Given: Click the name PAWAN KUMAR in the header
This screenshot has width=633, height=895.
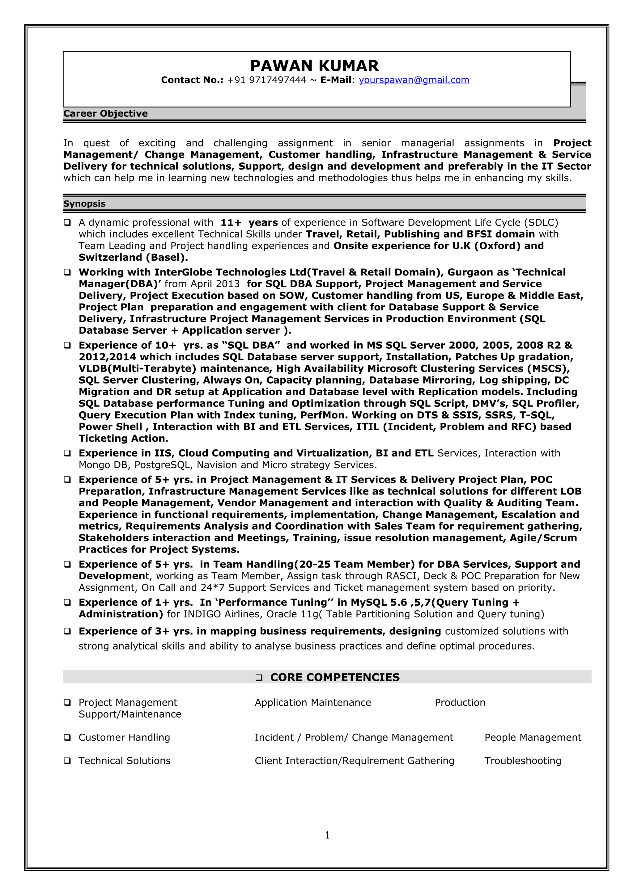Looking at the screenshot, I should click(314, 65).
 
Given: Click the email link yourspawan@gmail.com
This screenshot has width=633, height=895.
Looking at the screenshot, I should click(414, 80).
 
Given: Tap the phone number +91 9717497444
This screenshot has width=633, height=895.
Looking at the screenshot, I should click(266, 80).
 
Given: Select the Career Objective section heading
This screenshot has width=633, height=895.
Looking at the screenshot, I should click(105, 113).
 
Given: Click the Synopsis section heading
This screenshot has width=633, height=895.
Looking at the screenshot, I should click(84, 204).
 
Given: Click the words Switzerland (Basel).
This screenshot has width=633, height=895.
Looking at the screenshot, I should click(133, 257).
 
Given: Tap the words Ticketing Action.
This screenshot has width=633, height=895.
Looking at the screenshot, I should click(123, 438).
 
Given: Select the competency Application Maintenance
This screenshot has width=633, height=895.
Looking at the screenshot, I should click(312, 702).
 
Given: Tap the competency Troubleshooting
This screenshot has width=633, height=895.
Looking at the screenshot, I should click(522, 761).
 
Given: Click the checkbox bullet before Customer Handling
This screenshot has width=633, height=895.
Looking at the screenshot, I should click(67, 737).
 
